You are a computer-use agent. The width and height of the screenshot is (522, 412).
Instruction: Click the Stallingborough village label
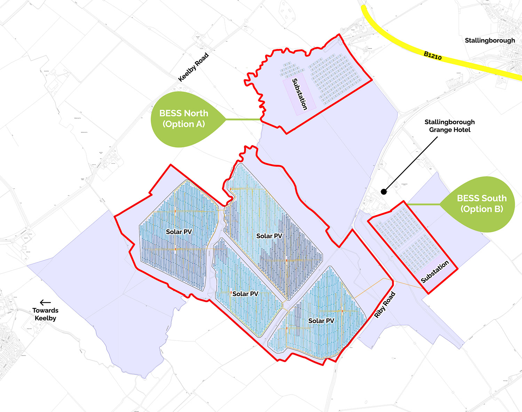point(490,41)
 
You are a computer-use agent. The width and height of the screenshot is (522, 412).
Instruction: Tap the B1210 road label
point(433,56)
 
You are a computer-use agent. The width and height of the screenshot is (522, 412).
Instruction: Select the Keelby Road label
point(193,67)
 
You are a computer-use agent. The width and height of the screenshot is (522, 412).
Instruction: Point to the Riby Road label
point(385,305)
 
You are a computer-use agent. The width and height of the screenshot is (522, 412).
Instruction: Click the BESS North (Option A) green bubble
point(183,119)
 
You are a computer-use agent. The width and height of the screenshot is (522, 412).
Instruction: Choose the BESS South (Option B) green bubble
point(482,204)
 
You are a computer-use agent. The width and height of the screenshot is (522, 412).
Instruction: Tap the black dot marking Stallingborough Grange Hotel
point(383,192)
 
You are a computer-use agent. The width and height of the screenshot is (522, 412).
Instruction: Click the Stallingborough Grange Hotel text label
point(449,126)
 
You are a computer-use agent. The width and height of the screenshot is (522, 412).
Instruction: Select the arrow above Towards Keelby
point(45,302)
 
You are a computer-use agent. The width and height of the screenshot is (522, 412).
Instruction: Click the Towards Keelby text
point(45,314)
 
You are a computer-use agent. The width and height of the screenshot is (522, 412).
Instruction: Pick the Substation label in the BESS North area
point(300,94)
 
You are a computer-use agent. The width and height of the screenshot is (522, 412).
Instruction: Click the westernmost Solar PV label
point(179,232)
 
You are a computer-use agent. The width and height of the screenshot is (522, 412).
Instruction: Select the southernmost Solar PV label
point(321,321)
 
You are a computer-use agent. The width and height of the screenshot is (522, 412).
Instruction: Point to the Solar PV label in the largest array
point(269,236)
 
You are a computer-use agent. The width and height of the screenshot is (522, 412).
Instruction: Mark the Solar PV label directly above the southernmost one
point(245,294)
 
